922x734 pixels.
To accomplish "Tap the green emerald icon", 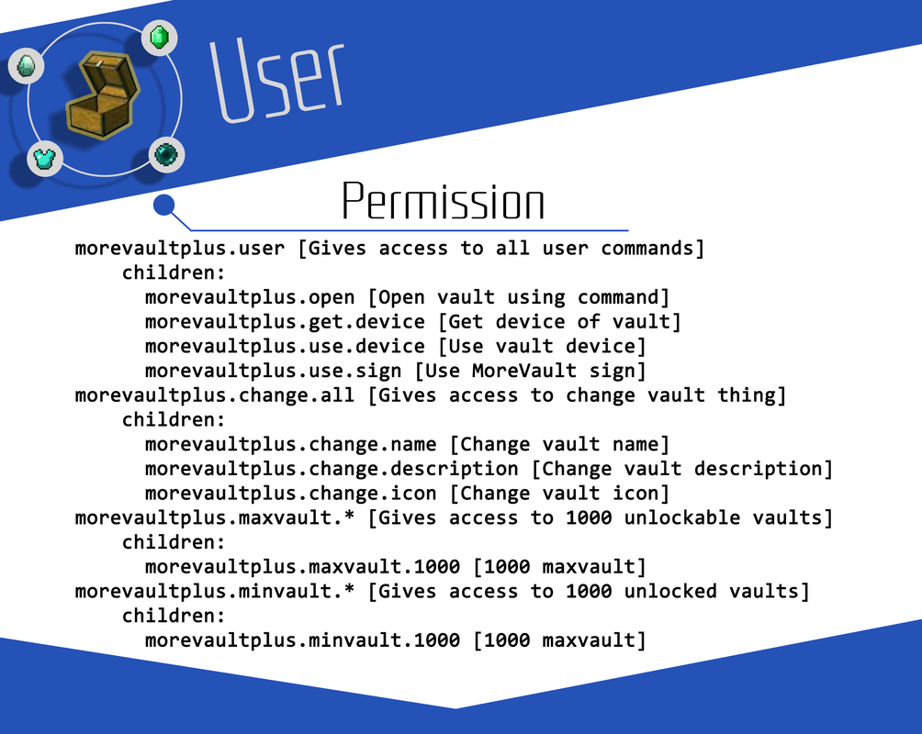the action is click(159, 38).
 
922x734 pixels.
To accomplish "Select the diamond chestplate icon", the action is click(45, 159).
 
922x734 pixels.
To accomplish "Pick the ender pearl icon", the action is click(166, 154).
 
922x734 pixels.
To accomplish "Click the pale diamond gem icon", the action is click(26, 64).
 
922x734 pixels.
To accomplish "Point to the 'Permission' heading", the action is click(443, 201).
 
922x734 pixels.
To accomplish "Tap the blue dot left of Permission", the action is click(164, 206).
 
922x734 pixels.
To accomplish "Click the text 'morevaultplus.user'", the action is click(180, 249).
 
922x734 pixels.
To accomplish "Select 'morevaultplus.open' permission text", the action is click(250, 297).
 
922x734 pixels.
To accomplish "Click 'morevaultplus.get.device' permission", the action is click(285, 322).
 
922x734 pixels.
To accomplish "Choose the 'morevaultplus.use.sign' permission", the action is click(274, 371).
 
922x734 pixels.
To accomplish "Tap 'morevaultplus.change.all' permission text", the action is click(215, 395).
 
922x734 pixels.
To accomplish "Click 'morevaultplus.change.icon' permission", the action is click(290, 493).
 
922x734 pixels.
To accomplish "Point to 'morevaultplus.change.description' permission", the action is click(332, 469).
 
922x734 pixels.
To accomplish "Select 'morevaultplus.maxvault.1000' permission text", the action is click(302, 566).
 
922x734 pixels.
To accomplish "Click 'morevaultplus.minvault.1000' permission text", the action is click(302, 640).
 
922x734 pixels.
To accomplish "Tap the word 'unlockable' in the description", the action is click(682, 517).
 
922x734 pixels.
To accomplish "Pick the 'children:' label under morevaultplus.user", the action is click(174, 273).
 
